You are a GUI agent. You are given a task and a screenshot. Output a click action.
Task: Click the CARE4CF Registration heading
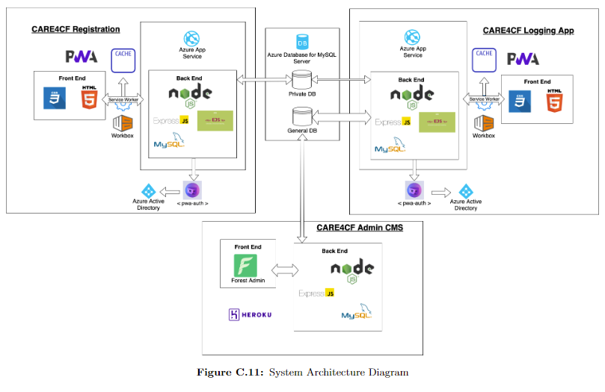point(76,29)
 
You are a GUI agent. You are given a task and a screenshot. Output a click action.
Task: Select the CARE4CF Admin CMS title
point(359,227)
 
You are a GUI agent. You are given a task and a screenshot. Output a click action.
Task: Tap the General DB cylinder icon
point(301,116)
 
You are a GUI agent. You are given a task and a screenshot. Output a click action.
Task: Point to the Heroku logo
point(251,314)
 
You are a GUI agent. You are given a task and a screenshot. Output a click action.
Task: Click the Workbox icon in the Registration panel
point(122,123)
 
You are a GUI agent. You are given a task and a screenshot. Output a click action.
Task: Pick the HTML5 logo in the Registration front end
point(90,99)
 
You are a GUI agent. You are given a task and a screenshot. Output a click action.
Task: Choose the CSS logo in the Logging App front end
point(518,100)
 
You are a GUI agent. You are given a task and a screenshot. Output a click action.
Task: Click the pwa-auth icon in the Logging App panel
point(414,190)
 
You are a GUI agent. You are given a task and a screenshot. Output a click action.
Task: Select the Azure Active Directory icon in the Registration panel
point(148,191)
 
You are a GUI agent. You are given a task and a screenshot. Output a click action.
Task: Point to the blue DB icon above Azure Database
point(303,40)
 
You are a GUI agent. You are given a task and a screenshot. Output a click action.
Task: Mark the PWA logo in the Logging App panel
point(523,59)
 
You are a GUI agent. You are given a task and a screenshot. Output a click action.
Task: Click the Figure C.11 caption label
point(230,371)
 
